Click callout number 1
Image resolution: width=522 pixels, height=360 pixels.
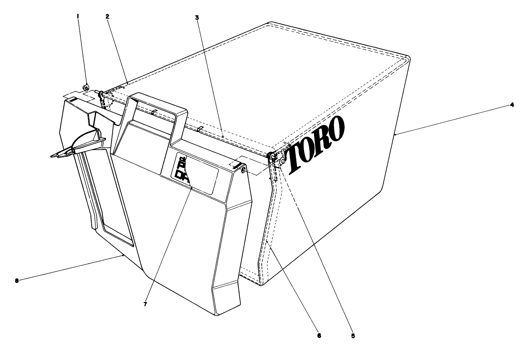[x=78, y=15]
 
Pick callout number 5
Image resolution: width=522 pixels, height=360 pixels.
[x=353, y=335]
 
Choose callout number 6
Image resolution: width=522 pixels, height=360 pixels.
[x=319, y=335]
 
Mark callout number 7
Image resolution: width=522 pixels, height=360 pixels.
[x=145, y=304]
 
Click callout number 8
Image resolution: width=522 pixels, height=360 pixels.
[x=17, y=280]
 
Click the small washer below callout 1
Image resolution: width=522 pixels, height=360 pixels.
[x=85, y=88]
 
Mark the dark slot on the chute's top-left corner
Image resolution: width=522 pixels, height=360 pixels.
[x=72, y=100]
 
